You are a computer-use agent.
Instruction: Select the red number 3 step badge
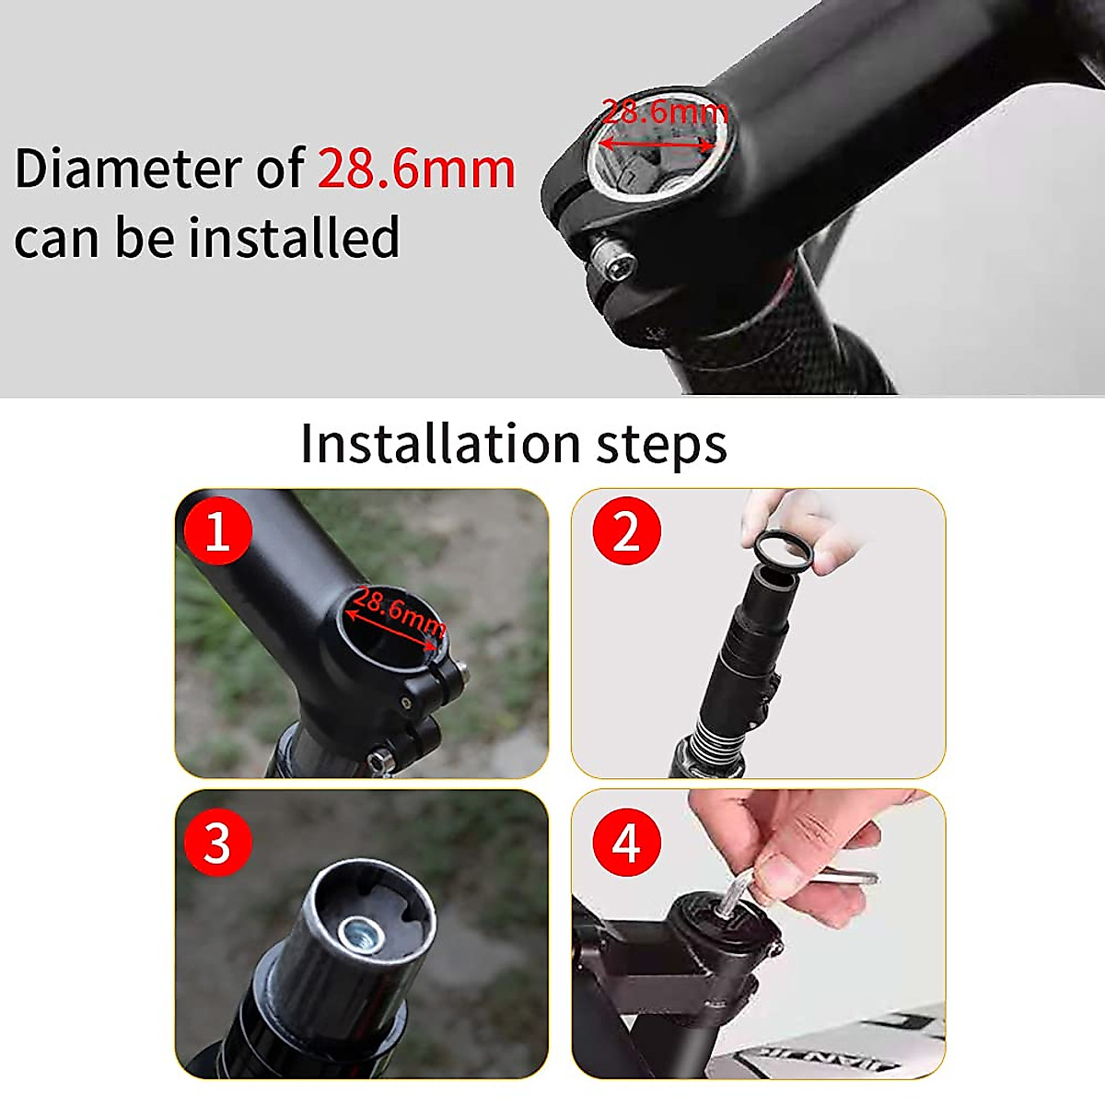217,842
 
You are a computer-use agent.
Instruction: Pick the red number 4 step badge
626,842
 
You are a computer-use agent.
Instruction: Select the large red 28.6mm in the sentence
416,169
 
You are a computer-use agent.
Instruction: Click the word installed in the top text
295,238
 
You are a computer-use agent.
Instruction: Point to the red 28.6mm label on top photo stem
665,112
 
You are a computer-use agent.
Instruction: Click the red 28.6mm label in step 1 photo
398,611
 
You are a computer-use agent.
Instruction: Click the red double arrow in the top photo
656,144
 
